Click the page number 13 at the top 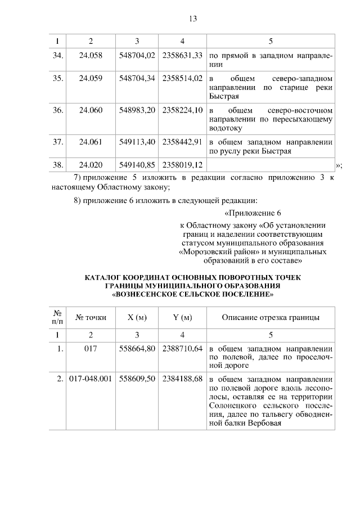(192, 19)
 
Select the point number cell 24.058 (91, 56)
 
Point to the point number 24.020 (91, 165)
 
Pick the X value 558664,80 (137, 349)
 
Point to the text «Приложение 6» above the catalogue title (253, 213)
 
